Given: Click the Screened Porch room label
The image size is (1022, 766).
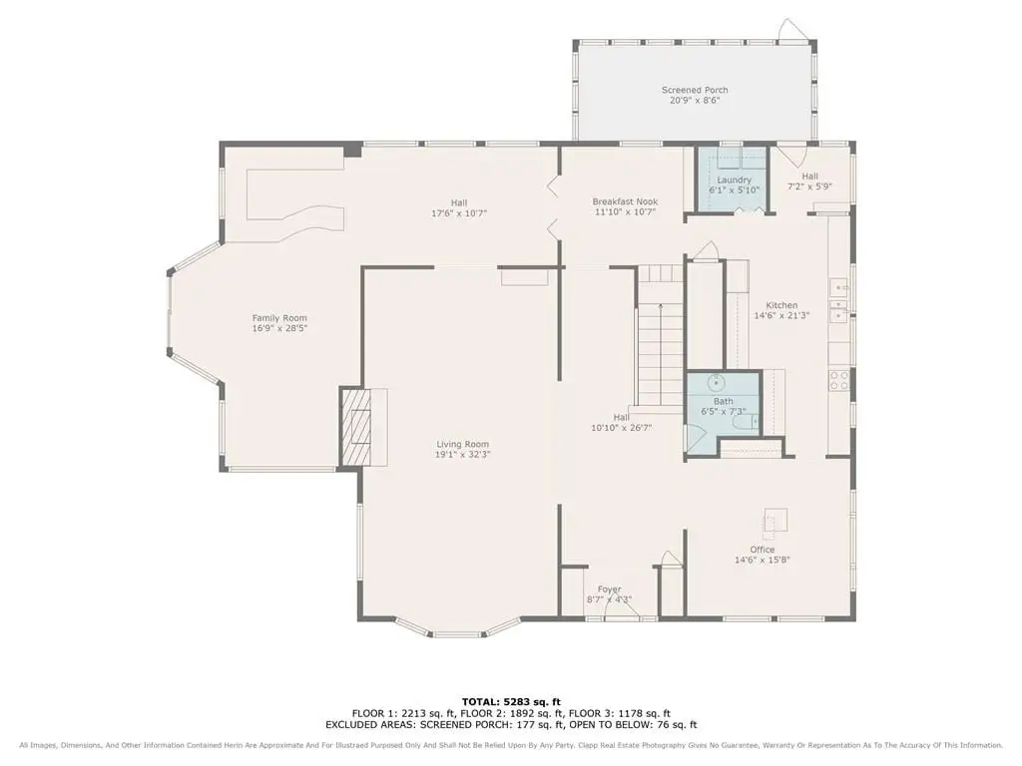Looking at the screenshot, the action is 695,90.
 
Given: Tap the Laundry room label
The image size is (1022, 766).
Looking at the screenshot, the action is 734,180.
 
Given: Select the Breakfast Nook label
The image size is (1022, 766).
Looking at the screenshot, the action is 625,201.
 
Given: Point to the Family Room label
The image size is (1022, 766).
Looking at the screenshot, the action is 279,318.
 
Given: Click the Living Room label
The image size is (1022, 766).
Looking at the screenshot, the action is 463,444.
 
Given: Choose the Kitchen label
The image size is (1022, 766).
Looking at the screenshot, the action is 781,305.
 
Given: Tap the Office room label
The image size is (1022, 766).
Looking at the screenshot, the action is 763,550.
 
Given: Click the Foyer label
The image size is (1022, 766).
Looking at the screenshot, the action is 610,588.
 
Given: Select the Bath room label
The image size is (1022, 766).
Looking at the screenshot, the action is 724,401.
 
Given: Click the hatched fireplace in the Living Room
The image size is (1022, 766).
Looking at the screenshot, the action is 356,427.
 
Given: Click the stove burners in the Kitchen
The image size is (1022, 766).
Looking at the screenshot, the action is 839,380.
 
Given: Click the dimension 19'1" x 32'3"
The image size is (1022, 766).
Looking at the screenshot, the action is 463,455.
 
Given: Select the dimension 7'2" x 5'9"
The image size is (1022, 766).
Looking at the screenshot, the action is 810,187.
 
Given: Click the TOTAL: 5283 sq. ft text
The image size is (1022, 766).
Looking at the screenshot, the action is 511,701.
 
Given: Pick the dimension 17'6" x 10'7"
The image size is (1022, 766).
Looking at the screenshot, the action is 459,213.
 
